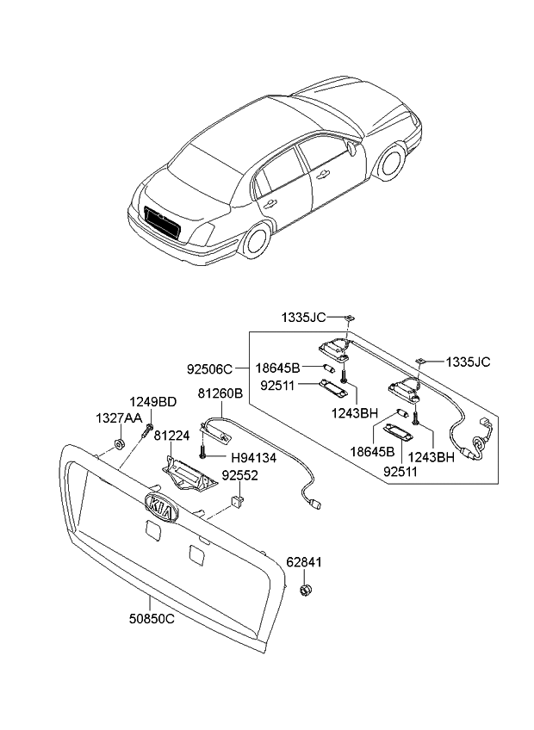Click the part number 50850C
140,618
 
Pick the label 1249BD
153,402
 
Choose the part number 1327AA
118,418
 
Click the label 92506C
209,369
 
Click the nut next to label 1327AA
118,446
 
